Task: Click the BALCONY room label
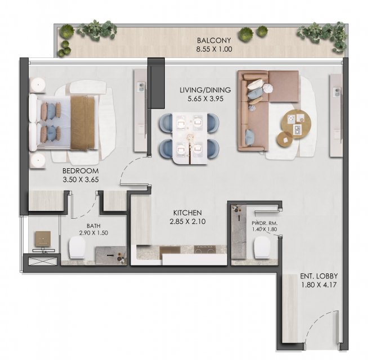[x=214, y=40]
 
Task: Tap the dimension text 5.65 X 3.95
[x=205, y=99]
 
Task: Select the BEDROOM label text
[x=80, y=170]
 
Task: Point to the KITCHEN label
[x=187, y=213]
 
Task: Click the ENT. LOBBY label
[x=319, y=276]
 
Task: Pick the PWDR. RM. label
[x=264, y=223]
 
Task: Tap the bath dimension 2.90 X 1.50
[x=93, y=233]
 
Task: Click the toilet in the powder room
[x=262, y=247]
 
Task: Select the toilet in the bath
[x=77, y=247]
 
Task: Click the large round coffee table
[x=297, y=124]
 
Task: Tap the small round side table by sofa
[x=285, y=140]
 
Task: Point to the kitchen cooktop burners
[x=205, y=249]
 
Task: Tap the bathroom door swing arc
[x=87, y=210]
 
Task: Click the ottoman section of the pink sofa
[x=284, y=86]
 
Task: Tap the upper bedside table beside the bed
[x=38, y=85]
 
